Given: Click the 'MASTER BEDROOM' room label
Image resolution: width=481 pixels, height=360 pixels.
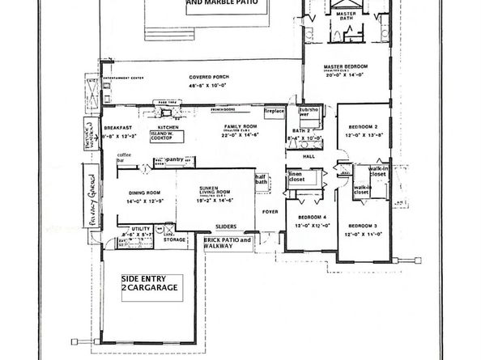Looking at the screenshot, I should pos(346,68).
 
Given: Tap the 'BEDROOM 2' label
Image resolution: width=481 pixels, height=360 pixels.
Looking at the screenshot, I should pos(361,127).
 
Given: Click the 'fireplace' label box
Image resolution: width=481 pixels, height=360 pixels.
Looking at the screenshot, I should pos(275,111).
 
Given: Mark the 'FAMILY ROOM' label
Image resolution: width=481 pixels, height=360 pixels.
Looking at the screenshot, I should pos(240,127).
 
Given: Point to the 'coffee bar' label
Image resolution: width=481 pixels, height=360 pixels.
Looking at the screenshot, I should pos(124,158).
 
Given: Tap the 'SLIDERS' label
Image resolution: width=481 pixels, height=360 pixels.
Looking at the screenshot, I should pos(224,227).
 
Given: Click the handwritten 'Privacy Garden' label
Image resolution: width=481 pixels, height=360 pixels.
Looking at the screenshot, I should pos(92,194).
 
